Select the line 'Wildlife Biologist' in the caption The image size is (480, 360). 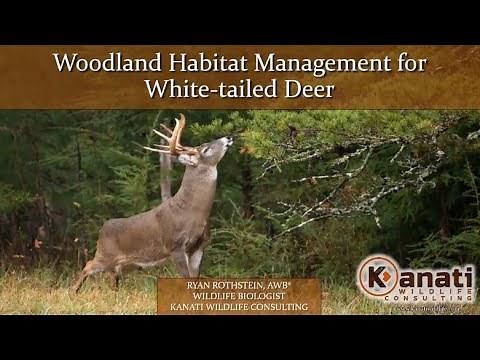click(238, 295)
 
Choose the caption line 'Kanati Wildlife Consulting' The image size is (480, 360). click(238, 307)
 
